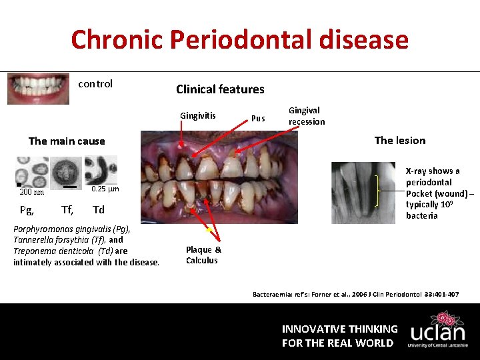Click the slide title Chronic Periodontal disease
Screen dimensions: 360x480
[x=239, y=40]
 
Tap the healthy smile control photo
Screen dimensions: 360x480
[x=38, y=89]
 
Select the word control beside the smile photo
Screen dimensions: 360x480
[x=95, y=84]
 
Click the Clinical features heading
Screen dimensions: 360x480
[x=220, y=89]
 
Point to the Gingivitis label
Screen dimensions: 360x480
[x=198, y=115]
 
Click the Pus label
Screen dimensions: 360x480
[x=258, y=119]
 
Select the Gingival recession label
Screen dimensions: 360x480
[x=307, y=116]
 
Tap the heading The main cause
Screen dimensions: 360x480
[x=67, y=141]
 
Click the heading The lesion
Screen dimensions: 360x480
[x=399, y=140]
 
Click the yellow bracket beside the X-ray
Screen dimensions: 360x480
[x=379, y=191]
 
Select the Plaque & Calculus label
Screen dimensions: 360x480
[x=203, y=255]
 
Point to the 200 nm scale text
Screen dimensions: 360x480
[x=31, y=192]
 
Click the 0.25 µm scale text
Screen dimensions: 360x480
[x=105, y=189]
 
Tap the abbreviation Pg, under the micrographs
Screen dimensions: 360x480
[x=27, y=210]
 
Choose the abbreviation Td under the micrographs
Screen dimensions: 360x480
[x=99, y=210]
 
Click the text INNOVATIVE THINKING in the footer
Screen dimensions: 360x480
[x=339, y=329]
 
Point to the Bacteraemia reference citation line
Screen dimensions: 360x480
[x=355, y=294]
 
